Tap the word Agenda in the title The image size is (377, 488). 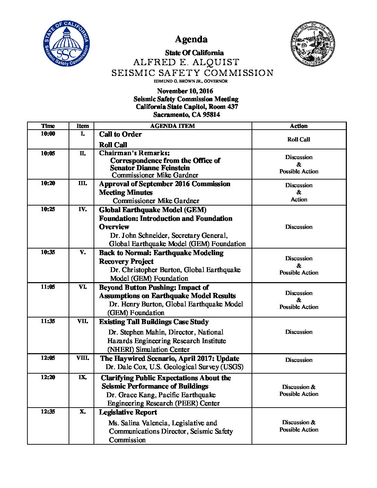[191, 40]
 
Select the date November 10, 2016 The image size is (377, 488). [185, 91]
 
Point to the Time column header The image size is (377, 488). [48, 126]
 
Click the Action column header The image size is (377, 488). [299, 126]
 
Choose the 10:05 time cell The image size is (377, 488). [48, 154]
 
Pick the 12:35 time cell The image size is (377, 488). [48, 412]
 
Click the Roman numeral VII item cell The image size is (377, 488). [82, 321]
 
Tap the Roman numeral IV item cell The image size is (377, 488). [82, 209]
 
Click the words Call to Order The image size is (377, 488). [120, 134]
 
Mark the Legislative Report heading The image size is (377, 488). [128, 412]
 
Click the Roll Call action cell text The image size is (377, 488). [299, 140]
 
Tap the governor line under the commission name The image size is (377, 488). [191, 81]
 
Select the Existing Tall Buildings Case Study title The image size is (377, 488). [154, 322]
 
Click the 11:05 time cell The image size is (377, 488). [48, 287]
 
